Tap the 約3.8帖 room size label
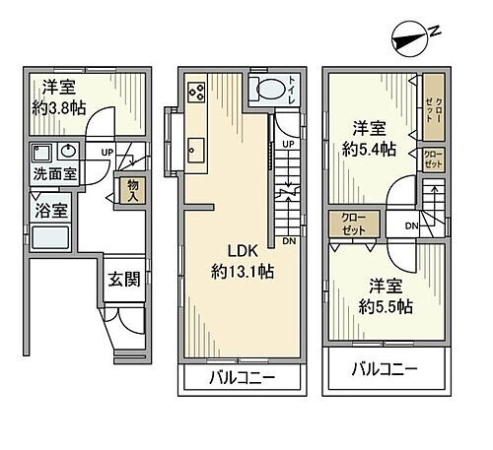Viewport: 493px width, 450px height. [x=59, y=107]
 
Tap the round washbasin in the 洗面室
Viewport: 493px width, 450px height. [x=69, y=152]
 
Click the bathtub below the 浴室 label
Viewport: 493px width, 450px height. [x=50, y=237]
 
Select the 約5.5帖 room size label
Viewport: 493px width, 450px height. [x=382, y=305]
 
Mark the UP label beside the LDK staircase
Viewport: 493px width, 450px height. [x=287, y=145]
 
